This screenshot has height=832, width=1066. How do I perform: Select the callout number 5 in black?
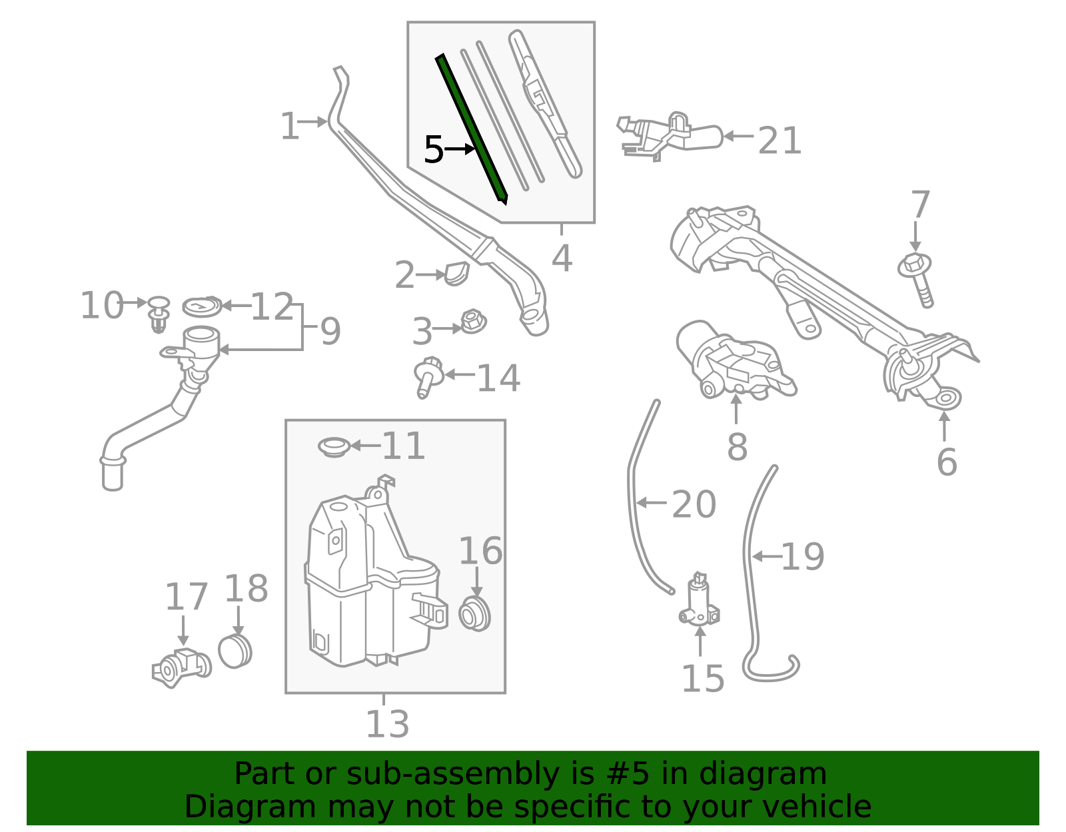pos(433,150)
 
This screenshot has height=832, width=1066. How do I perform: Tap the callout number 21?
pos(779,141)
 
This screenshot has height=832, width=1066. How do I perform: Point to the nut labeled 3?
pos(473,322)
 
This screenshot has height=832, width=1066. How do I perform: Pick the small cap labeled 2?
pos(457,273)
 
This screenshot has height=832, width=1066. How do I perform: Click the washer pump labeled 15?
pos(699,602)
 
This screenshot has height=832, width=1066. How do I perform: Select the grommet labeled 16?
pos(475,614)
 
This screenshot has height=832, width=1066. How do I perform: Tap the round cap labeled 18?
pos(235,651)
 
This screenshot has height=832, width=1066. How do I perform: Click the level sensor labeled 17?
pos(180,666)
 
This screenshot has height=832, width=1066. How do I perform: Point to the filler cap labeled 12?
pos(202,307)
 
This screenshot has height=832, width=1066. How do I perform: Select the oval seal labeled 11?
pos(334,446)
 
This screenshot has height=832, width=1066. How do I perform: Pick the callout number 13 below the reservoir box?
pos(387,724)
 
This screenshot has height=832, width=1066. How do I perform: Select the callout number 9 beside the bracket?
pos(330,330)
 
